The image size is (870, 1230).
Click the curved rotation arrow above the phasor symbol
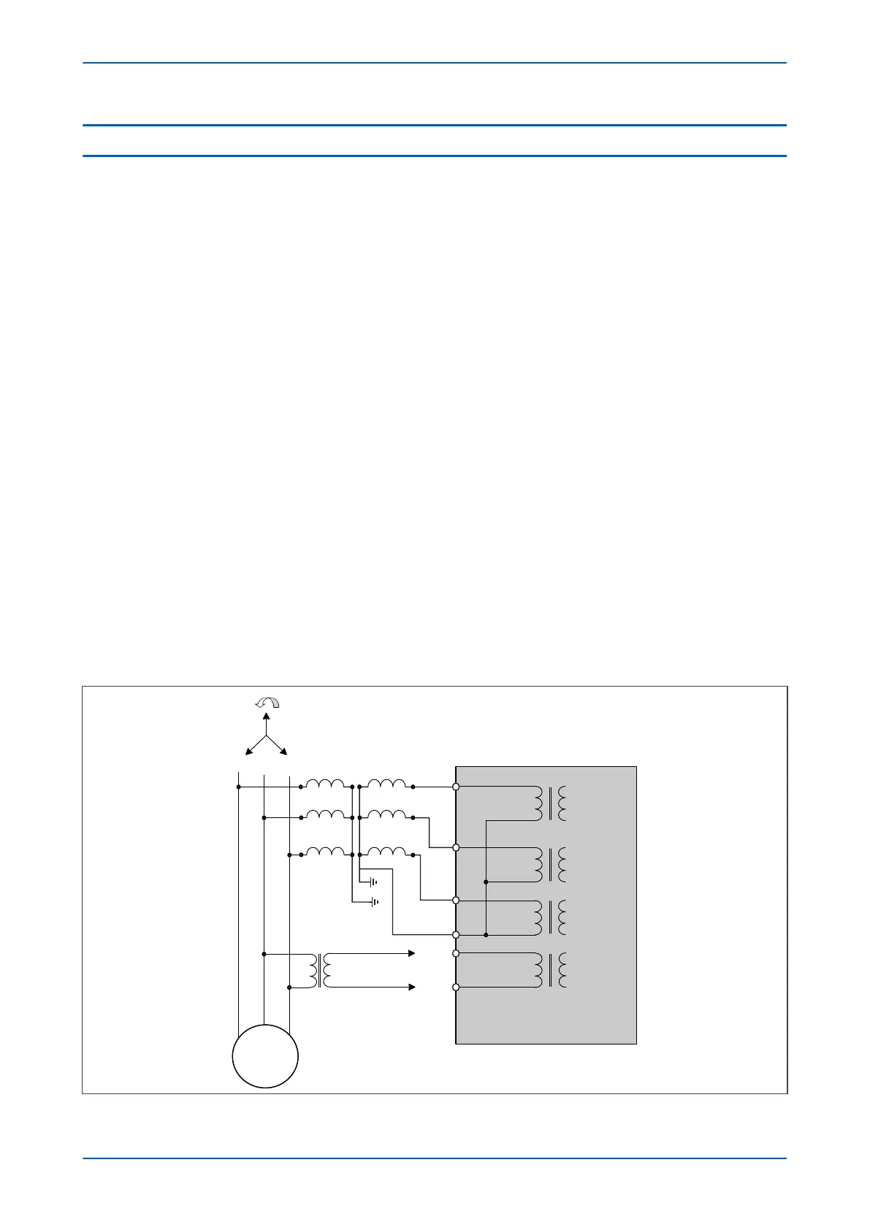tap(267, 703)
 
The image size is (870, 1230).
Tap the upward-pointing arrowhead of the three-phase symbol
tap(267, 717)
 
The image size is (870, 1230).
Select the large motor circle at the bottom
tap(265, 1056)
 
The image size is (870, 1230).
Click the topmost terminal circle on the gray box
tap(456, 787)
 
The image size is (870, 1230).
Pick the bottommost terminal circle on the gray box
tap(456, 988)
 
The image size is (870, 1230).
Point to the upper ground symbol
tap(374, 882)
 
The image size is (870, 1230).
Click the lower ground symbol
tap(374, 902)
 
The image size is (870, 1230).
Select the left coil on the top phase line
tap(326, 784)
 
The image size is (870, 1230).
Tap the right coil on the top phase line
tap(386, 784)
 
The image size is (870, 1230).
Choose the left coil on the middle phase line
tap(326, 815)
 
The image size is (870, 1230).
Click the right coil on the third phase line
tap(386, 852)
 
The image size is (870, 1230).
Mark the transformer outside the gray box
tap(320, 970)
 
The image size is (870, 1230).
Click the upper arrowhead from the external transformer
tap(412, 953)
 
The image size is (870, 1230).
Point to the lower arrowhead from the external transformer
tap(412, 988)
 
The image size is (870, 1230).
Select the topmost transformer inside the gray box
tap(551, 803)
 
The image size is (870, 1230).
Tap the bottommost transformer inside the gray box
tap(551, 970)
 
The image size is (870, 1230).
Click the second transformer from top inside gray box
tap(551, 865)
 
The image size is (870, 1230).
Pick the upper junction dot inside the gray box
tap(486, 882)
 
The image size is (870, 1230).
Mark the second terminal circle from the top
tap(456, 847)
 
